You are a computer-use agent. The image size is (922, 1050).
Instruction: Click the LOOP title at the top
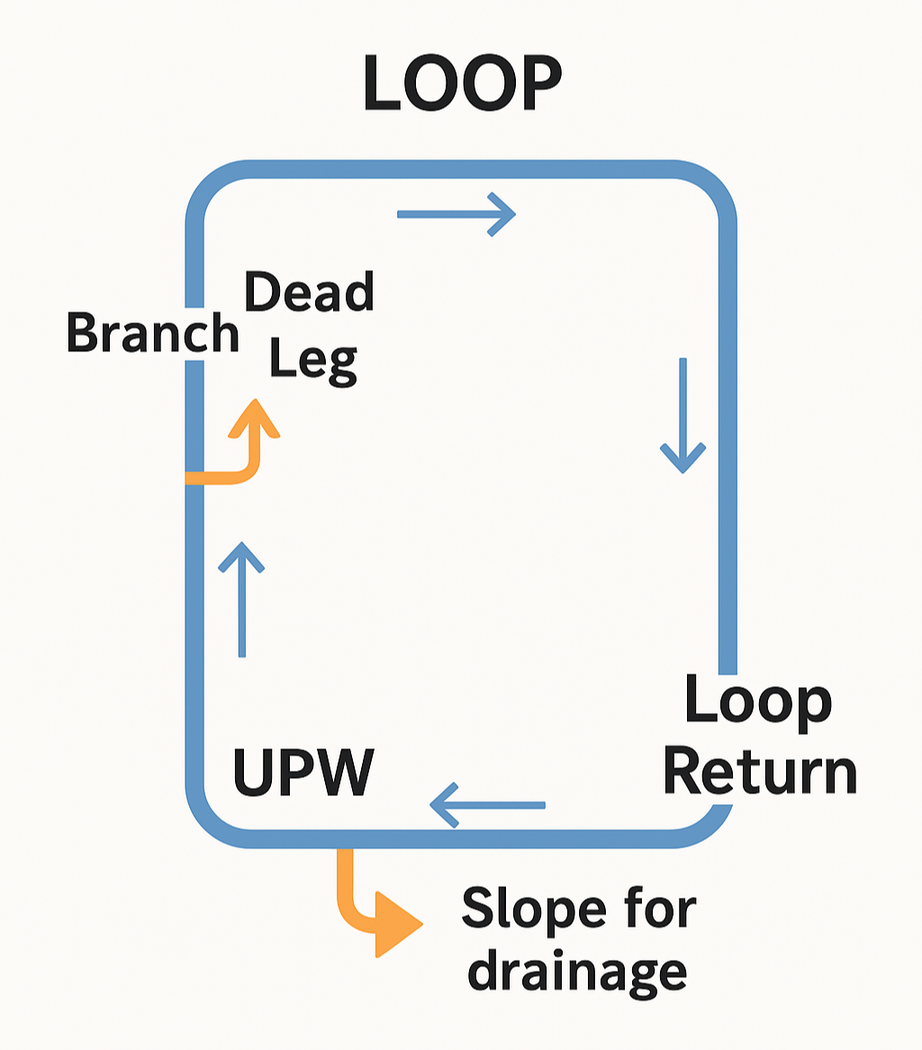click(x=461, y=83)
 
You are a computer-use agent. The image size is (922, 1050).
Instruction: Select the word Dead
click(x=309, y=294)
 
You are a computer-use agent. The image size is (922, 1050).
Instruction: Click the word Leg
click(x=312, y=361)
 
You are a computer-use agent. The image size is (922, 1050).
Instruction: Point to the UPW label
click(x=303, y=772)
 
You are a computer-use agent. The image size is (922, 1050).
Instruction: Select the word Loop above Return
click(x=758, y=702)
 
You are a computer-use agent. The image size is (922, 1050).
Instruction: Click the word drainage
click(x=577, y=973)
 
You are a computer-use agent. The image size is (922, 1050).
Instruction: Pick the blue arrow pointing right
click(x=456, y=214)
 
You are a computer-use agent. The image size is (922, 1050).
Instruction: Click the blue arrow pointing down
click(x=682, y=415)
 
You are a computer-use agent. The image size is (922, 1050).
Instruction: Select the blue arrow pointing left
click(x=487, y=804)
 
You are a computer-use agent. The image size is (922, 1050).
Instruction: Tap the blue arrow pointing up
click(x=241, y=598)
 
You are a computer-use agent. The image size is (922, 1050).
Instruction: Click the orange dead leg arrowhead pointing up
click(x=255, y=419)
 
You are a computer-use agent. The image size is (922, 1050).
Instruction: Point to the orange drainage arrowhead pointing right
click(x=395, y=924)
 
